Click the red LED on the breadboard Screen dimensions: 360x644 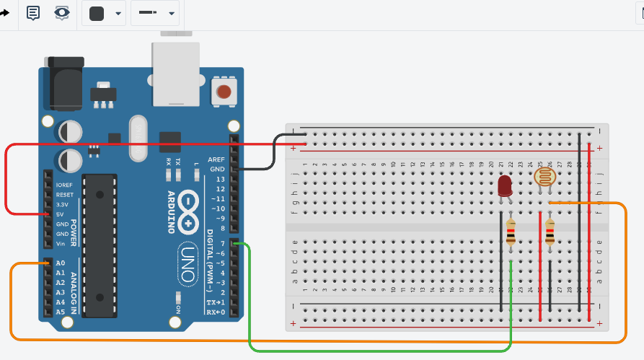coord(505,187)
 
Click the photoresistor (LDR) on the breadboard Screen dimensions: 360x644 coord(544,177)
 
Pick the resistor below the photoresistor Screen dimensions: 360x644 coord(550,232)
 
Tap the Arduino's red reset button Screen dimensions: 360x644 coord(224,92)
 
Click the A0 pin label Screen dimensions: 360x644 coord(61,263)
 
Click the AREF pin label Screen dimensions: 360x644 coord(216,159)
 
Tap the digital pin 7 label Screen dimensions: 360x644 coord(222,243)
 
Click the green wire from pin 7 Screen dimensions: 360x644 coord(250,303)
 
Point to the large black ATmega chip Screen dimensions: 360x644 coord(100,245)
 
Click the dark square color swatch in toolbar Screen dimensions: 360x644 coord(97,13)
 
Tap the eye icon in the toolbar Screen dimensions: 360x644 coord(63,13)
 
